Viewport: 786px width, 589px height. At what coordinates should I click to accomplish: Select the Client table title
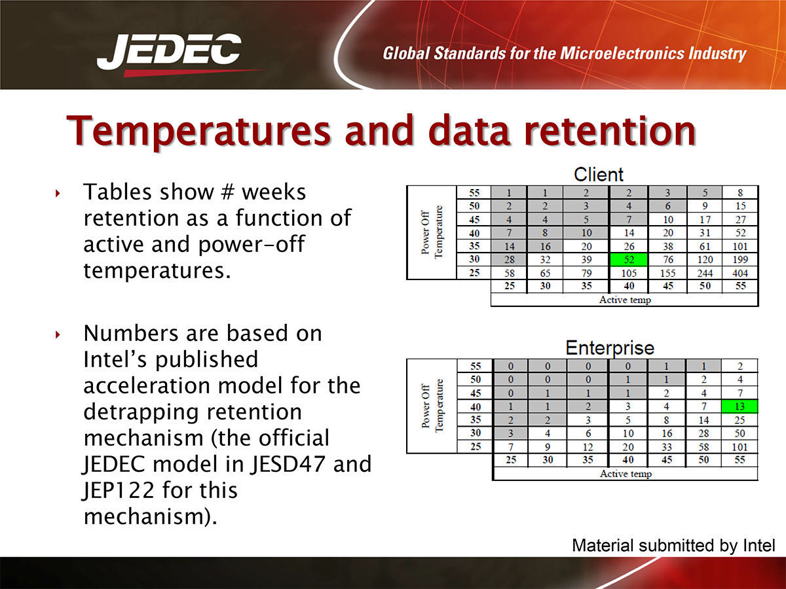click(599, 175)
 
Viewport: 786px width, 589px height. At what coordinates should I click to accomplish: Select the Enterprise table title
click(610, 348)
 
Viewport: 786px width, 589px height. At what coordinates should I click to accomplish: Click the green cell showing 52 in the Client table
click(629, 260)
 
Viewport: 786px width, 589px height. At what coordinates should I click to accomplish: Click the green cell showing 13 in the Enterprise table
click(739, 406)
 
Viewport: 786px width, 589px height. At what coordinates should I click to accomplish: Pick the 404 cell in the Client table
click(739, 273)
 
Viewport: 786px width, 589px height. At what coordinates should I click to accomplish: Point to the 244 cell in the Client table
click(705, 273)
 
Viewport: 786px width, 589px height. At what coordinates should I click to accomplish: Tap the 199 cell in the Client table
click(739, 260)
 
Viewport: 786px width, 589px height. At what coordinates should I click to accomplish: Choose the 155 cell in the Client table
click(667, 273)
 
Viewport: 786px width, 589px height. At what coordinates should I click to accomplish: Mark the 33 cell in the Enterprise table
click(666, 447)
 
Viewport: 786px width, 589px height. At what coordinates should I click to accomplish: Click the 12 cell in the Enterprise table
click(588, 447)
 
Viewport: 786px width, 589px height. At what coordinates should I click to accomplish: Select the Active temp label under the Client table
click(625, 300)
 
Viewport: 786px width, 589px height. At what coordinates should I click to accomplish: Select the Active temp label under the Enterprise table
click(626, 473)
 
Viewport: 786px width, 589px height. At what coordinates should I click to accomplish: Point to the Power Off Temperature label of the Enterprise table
click(432, 406)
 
